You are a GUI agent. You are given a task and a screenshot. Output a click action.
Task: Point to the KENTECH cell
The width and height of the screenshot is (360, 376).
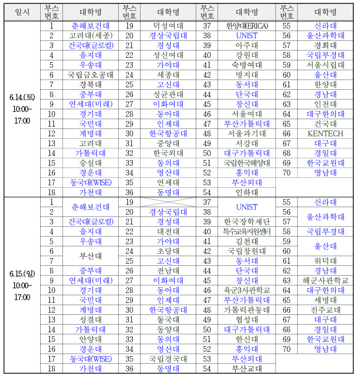coord(319,133)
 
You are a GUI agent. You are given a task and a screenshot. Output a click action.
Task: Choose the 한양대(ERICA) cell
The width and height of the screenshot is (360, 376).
coord(247,26)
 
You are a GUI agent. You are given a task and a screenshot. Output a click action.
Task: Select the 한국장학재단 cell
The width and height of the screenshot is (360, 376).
coord(247,221)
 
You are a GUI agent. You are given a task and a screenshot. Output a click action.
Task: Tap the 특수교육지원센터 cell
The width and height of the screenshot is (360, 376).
coord(247,231)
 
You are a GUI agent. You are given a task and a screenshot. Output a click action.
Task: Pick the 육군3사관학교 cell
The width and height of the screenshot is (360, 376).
coord(247,290)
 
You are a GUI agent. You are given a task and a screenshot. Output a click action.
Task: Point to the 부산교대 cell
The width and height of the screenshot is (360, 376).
coord(247,368)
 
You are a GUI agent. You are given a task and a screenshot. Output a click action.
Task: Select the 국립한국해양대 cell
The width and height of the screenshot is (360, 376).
coord(247,163)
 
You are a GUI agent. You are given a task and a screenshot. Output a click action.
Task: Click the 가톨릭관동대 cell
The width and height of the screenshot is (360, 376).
coord(247,310)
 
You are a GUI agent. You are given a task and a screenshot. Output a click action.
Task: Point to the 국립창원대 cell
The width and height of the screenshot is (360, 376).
coord(247,251)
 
